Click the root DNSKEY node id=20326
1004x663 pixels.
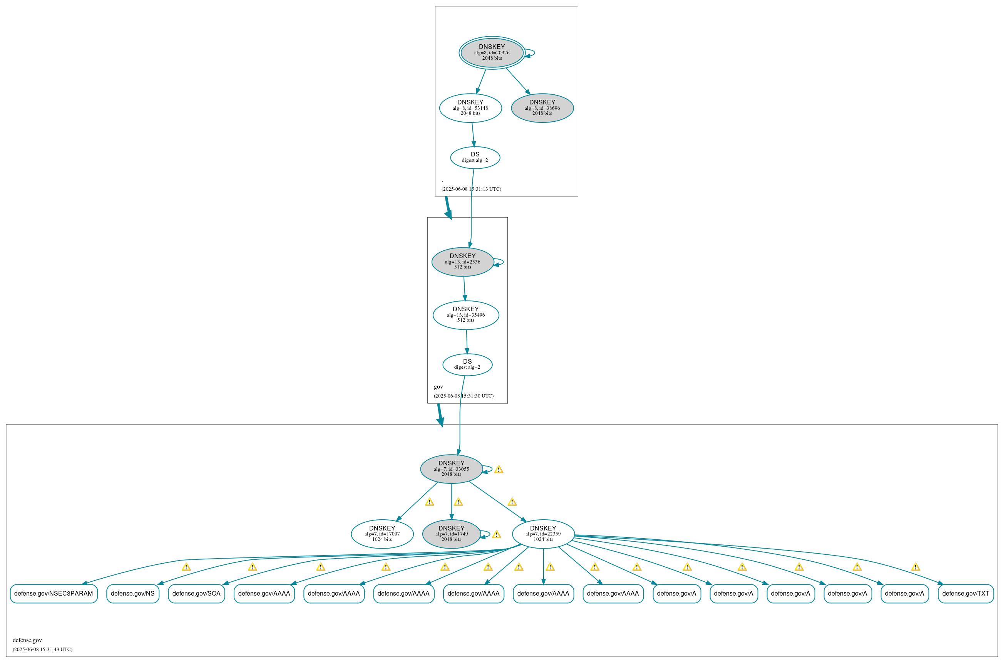click(492, 53)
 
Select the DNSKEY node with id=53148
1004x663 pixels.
click(470, 108)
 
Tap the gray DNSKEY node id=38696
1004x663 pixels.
click(542, 108)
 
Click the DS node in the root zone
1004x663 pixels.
click(475, 158)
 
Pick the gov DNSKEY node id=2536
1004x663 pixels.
click(463, 262)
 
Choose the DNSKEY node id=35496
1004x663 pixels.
click(466, 316)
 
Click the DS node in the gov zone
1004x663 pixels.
click(467, 365)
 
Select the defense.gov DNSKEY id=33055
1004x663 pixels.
click(451, 469)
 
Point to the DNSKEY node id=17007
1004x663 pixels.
click(382, 534)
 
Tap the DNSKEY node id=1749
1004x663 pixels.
click(451, 534)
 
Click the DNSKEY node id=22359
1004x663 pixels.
click(543, 534)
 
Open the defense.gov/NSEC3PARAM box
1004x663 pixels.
click(54, 594)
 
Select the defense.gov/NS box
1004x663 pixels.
click(133, 594)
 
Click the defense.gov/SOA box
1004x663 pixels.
click(196, 594)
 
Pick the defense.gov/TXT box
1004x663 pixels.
click(966, 594)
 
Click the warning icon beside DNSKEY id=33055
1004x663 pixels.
click(499, 470)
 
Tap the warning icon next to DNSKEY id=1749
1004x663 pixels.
click(497, 535)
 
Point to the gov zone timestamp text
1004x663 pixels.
click(464, 396)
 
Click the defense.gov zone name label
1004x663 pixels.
click(27, 640)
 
